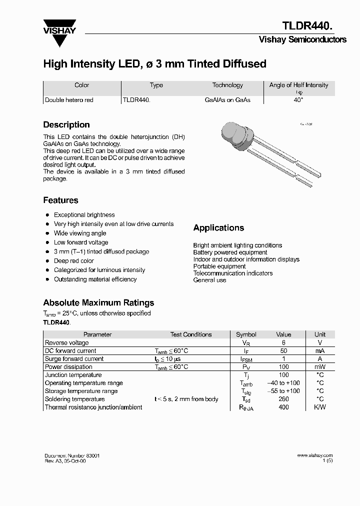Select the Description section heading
(x=66, y=125)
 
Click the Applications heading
(x=218, y=228)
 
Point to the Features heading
(x=60, y=200)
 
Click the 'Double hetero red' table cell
(x=69, y=100)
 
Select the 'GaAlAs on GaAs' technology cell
(x=227, y=100)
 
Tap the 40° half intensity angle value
(x=298, y=100)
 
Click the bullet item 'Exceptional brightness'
(x=84, y=215)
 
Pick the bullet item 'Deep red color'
(x=73, y=261)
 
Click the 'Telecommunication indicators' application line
(x=232, y=273)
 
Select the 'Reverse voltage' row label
(x=66, y=343)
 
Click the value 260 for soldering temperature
(x=283, y=399)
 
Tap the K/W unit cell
(x=319, y=407)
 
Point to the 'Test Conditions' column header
(x=190, y=334)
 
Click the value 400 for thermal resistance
(x=283, y=407)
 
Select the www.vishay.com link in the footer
(x=314, y=455)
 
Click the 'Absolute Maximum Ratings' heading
(x=98, y=302)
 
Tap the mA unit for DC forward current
(x=319, y=351)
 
